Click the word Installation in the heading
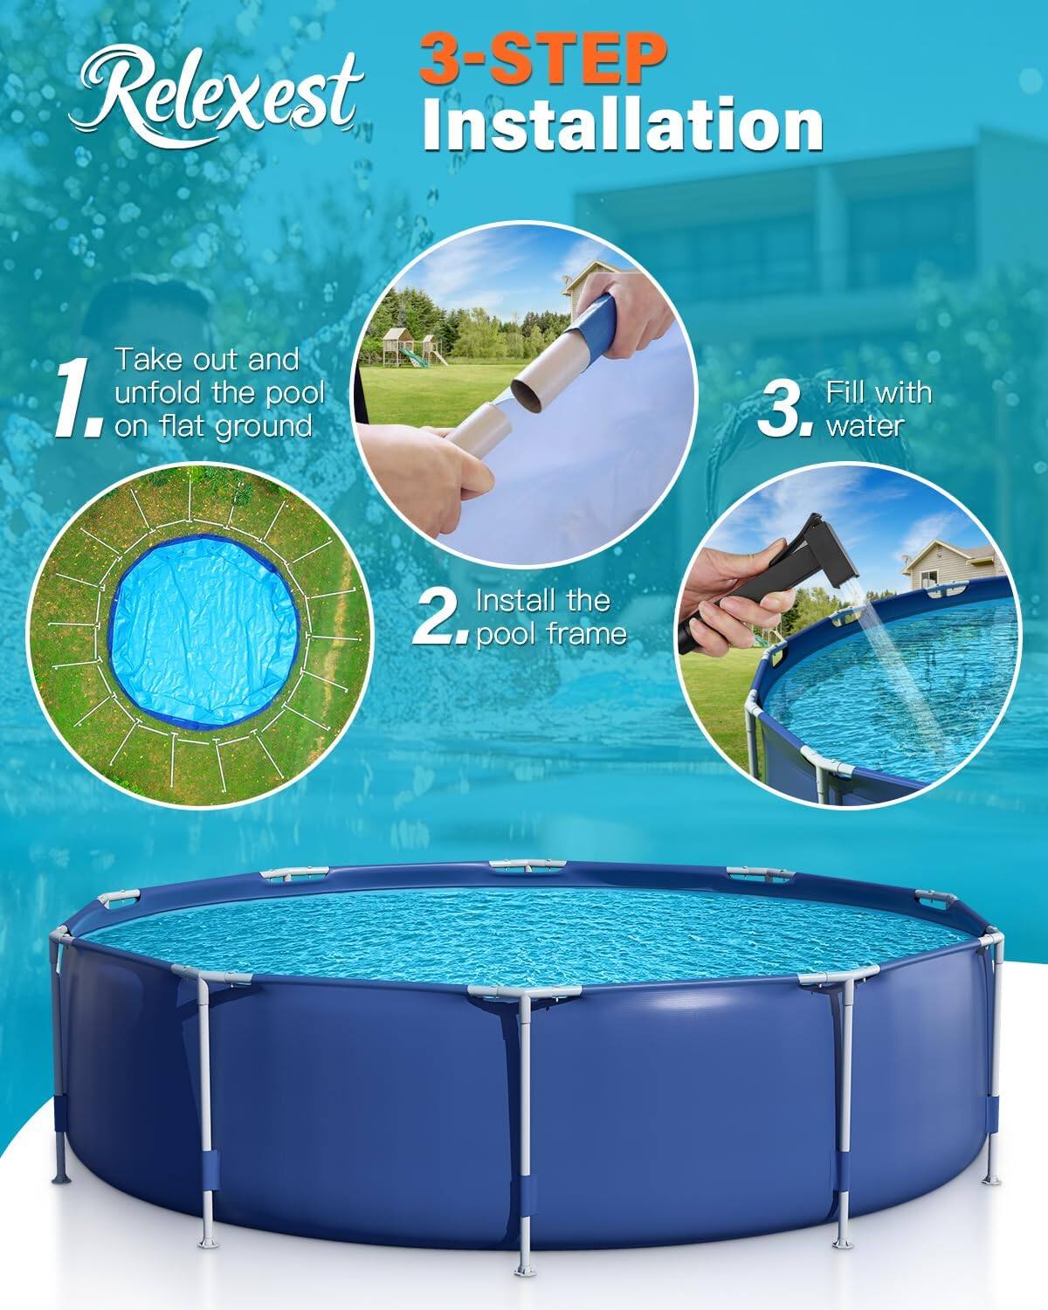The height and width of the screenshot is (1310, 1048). (x=622, y=127)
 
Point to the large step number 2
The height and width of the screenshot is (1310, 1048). (x=440, y=617)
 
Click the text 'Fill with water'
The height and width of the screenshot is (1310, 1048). (x=878, y=409)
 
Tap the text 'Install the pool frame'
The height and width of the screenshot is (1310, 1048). (x=551, y=617)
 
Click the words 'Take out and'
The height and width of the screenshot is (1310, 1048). (x=207, y=360)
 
